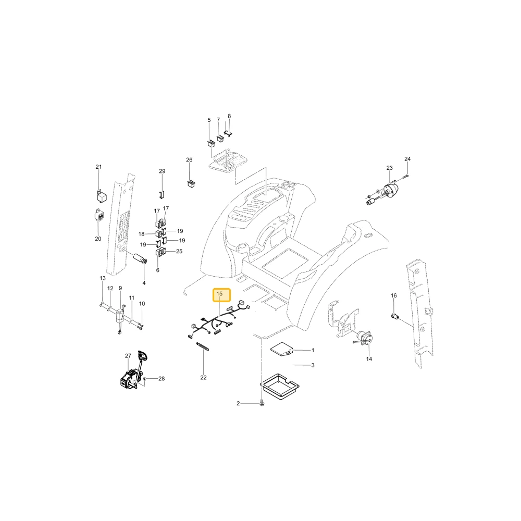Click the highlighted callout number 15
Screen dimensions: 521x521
tap(219, 294)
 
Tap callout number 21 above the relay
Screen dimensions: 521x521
tap(98, 167)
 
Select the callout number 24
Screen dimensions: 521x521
tap(407, 159)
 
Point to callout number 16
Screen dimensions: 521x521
tap(394, 295)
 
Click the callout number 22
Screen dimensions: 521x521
tap(203, 377)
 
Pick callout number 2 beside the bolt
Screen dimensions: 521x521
tap(238, 403)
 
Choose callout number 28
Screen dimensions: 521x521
tap(162, 378)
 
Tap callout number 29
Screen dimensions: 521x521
tap(162, 171)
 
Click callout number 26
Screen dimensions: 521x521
tap(189, 160)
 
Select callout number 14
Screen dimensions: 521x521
tap(369, 359)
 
